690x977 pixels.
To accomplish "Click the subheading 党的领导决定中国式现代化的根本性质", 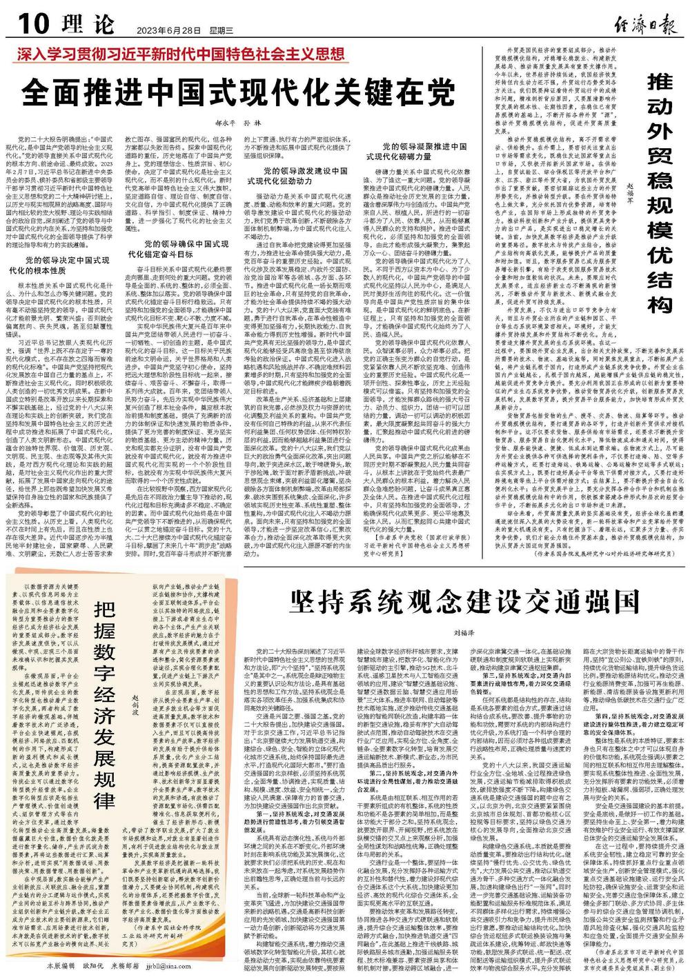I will pyautogui.click(x=66, y=265).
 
